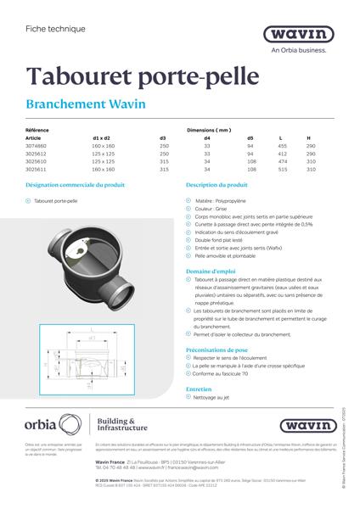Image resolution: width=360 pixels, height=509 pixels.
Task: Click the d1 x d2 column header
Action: click(x=102, y=137)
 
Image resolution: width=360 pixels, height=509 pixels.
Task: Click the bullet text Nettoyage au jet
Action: click(x=211, y=397)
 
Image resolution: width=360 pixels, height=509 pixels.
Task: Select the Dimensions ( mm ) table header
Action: click(x=208, y=131)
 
